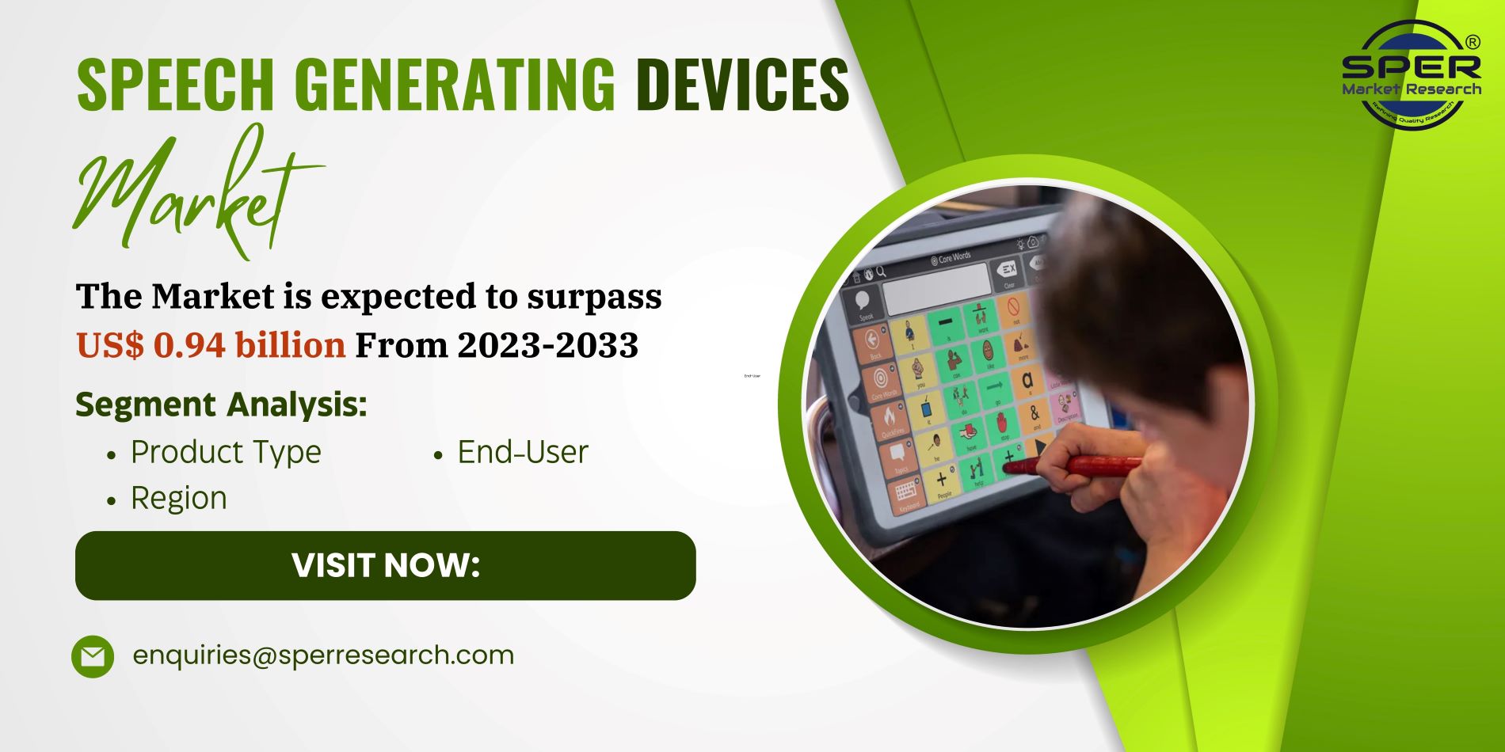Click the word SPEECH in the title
tap(175, 84)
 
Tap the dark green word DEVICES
tap(742, 84)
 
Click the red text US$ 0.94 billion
tap(211, 345)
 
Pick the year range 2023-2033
tap(547, 345)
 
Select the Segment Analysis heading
tap(221, 404)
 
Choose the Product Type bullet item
tap(226, 452)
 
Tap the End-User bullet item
tap(523, 452)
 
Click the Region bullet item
tap(179, 498)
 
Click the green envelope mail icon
tap(93, 656)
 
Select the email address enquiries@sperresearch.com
tap(323, 655)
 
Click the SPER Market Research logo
tap(1411, 75)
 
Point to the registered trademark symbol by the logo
tap(1473, 42)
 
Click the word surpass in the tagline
tap(594, 297)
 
